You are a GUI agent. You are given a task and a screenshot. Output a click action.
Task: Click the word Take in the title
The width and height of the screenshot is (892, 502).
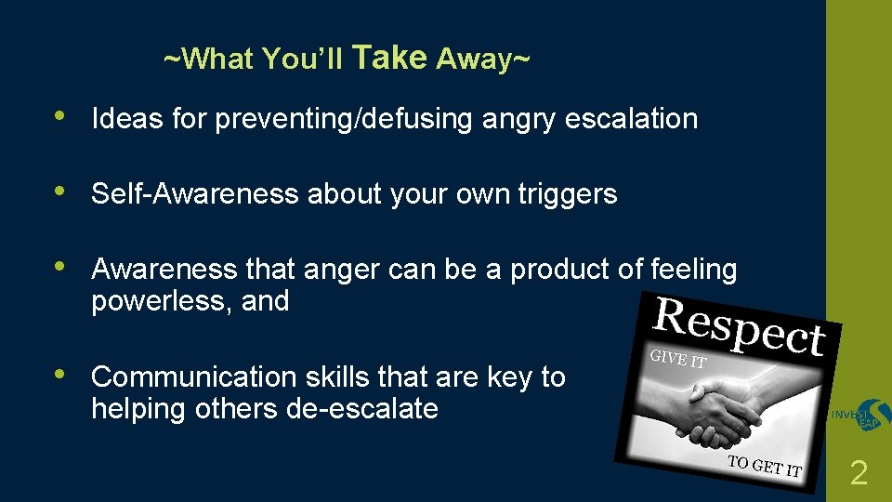(389, 59)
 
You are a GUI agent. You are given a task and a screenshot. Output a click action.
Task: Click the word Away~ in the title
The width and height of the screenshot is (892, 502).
(483, 60)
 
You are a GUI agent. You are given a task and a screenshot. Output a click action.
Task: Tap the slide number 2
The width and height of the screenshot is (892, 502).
(859, 475)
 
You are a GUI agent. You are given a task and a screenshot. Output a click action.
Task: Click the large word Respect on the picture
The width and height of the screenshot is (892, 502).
(740, 327)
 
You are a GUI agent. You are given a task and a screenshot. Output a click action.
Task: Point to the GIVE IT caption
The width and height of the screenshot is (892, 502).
(678, 360)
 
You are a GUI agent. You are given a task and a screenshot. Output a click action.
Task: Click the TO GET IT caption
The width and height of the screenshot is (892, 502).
(764, 467)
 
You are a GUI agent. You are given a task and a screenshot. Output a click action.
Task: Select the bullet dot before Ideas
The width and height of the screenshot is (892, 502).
(59, 117)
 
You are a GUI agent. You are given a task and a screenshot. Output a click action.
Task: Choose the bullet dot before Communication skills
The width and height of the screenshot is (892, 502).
(59, 375)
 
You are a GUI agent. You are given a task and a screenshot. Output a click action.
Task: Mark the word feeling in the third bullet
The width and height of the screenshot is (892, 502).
(693, 270)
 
